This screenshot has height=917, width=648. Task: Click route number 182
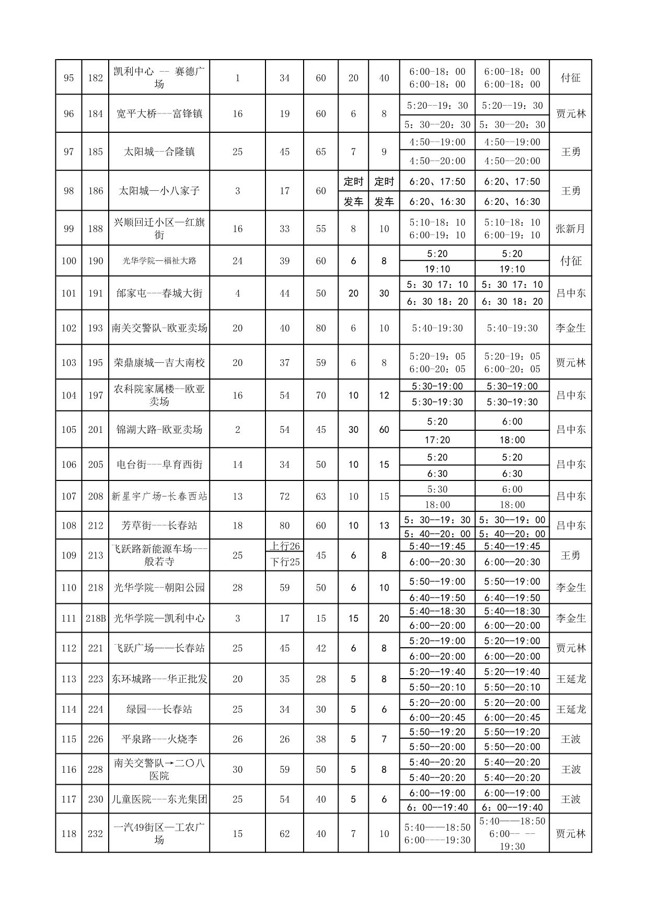click(95, 78)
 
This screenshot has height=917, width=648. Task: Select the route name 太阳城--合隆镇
click(159, 152)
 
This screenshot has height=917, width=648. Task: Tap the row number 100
click(68, 261)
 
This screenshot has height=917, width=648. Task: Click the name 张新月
click(570, 228)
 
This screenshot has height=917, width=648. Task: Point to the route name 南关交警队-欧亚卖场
click(159, 328)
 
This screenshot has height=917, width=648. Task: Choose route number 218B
click(95, 618)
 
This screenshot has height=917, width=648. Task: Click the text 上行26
click(284, 546)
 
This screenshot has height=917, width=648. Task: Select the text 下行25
click(284, 562)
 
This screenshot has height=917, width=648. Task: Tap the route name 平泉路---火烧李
click(159, 739)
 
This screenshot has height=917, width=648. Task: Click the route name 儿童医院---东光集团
click(159, 799)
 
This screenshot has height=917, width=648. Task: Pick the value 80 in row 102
click(321, 328)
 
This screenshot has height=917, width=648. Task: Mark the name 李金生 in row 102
click(570, 328)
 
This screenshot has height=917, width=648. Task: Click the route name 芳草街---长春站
click(159, 525)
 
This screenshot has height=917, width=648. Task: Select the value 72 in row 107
click(284, 496)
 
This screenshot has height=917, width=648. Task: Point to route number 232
click(95, 834)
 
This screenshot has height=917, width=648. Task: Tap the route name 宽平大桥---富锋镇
click(159, 114)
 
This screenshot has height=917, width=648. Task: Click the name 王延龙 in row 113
click(570, 679)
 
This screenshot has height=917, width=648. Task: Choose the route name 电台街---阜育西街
click(159, 465)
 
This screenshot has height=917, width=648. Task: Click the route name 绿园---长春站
click(159, 709)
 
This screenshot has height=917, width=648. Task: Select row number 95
click(68, 78)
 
